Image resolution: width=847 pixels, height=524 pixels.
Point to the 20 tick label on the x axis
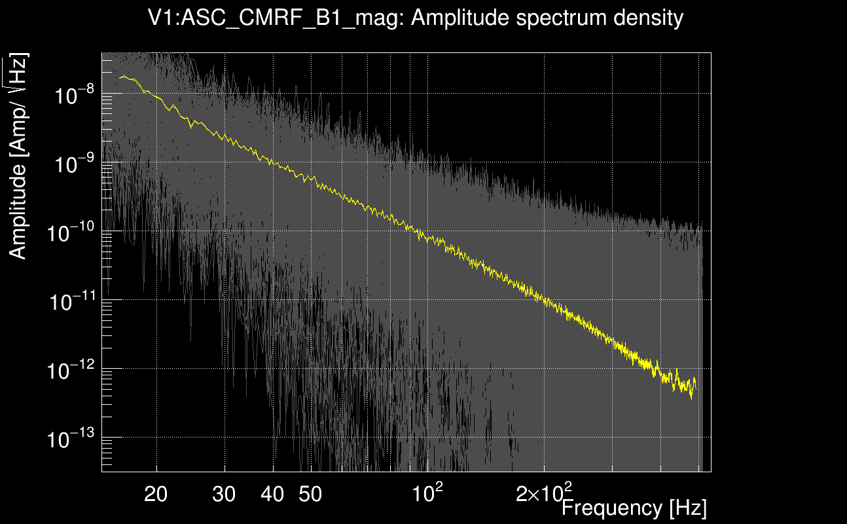coord(156,495)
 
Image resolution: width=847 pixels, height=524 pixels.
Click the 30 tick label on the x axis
coord(225,495)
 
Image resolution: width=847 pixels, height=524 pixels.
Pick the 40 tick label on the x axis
coord(272,495)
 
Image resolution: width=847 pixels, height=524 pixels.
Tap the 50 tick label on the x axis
coord(310,495)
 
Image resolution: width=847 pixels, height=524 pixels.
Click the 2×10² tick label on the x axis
coord(544,493)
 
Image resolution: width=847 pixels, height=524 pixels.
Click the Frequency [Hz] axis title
coord(634,508)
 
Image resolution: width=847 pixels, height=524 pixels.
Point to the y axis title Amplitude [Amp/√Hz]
coord(19,157)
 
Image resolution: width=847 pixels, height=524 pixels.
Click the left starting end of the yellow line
coord(120,78)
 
